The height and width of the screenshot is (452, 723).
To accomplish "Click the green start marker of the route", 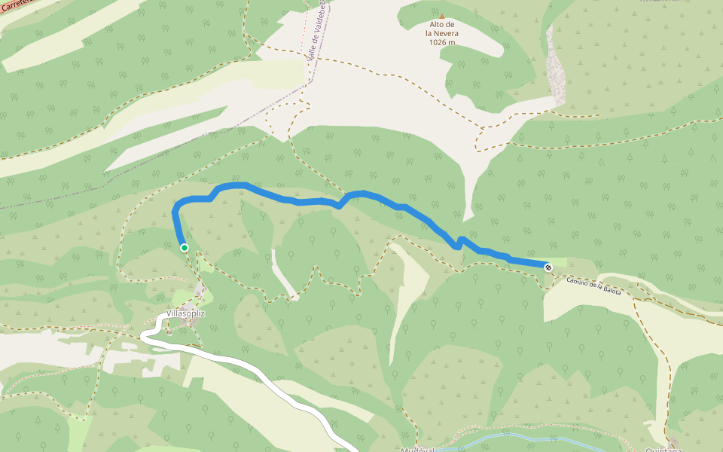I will (x=184, y=247).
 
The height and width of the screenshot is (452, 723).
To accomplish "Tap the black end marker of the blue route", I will (x=548, y=267).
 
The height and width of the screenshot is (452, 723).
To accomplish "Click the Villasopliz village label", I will (x=185, y=313).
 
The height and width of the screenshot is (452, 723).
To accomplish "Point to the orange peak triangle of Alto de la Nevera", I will (x=441, y=16).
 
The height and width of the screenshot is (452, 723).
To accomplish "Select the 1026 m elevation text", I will (x=441, y=42).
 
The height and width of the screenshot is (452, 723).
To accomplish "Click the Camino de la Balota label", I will (x=594, y=286).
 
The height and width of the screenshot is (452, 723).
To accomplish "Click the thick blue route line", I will (x=301, y=201).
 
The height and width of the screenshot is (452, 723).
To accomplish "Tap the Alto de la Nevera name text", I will (x=441, y=29).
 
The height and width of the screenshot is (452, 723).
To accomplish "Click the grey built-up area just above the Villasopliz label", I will (x=199, y=292).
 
